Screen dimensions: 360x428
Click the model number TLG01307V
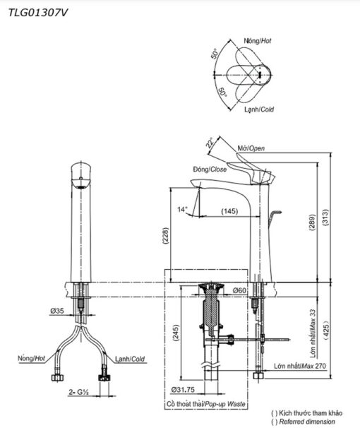[x=38, y=13]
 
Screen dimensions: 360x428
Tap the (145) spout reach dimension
[x=229, y=211]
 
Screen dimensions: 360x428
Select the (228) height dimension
[x=166, y=235]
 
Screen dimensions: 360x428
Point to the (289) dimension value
[x=312, y=222]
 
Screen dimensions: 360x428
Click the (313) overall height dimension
[x=325, y=218]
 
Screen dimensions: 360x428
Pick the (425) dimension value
[x=326, y=330]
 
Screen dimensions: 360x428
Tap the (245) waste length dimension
[x=175, y=333]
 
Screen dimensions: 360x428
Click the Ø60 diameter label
[x=239, y=290]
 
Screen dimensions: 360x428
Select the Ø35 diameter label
[x=57, y=311]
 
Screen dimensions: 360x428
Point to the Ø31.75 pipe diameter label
[x=183, y=390]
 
